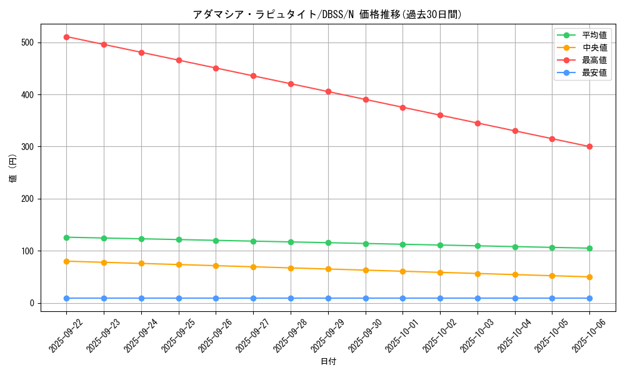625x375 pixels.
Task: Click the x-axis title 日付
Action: [328, 362]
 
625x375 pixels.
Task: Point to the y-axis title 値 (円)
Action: [13, 168]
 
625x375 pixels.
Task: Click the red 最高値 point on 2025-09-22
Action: [66, 37]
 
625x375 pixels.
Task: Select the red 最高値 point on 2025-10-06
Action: [589, 147]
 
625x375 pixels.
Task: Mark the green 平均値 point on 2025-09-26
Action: [216, 241]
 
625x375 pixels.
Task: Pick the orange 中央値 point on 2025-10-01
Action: [402, 271]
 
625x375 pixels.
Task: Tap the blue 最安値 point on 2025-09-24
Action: [141, 298]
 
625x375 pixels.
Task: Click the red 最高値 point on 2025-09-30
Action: [366, 99]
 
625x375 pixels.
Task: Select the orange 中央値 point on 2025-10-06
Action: [589, 277]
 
